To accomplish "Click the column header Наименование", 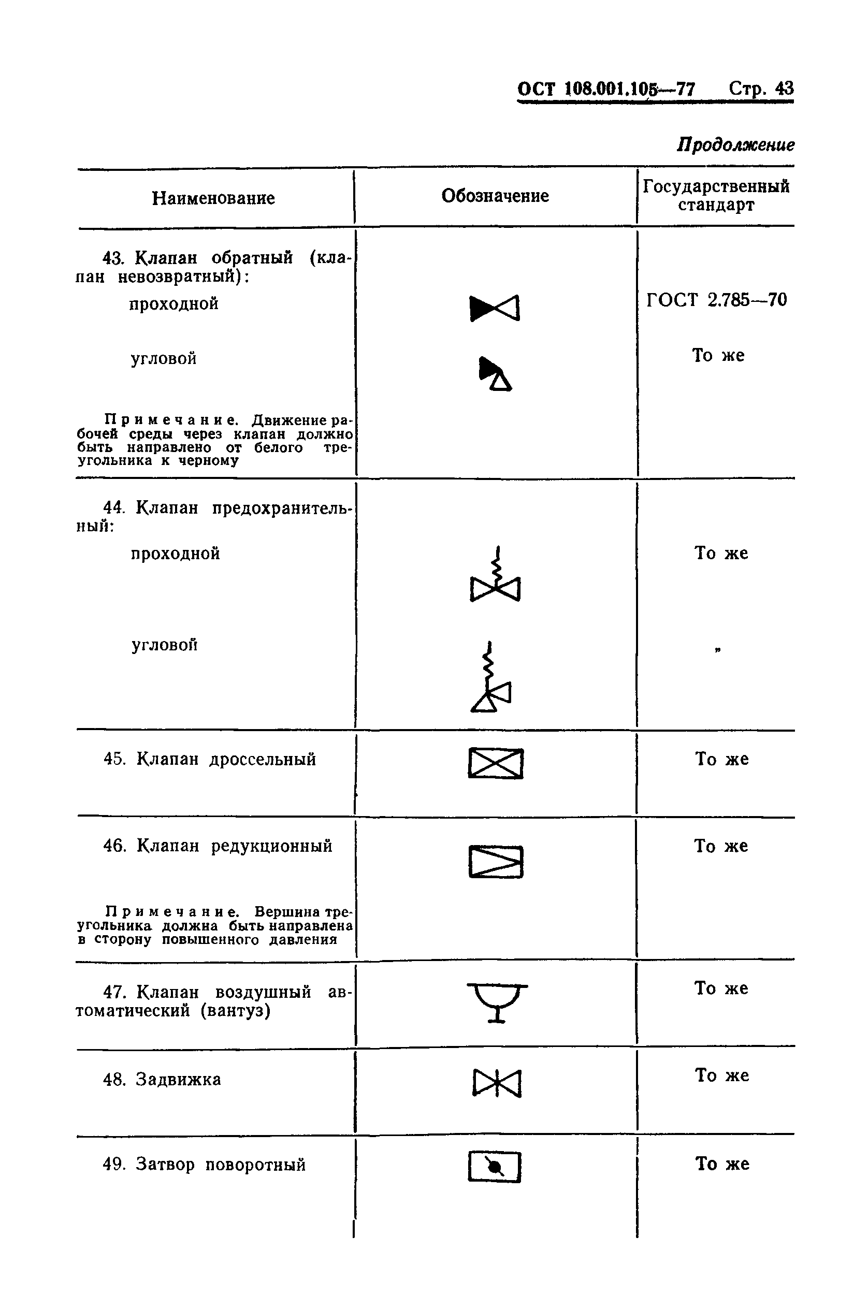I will (x=213, y=198).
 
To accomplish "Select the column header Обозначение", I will (x=495, y=195).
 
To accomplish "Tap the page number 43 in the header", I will (x=784, y=89).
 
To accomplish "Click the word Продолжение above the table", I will (x=735, y=145).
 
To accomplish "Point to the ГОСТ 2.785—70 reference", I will (x=716, y=300).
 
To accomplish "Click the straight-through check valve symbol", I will (x=495, y=308).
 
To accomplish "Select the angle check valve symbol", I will (x=495, y=374).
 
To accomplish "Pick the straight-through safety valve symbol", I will (x=495, y=576).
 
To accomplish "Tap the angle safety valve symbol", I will (x=490, y=678).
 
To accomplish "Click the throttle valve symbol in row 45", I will (x=496, y=763).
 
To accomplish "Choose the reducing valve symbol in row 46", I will (x=496, y=861).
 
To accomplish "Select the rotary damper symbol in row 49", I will (x=495, y=1167).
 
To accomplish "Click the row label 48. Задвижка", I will (x=162, y=1079).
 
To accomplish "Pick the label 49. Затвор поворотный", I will (x=204, y=1165).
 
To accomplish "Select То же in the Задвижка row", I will (x=722, y=1075).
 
